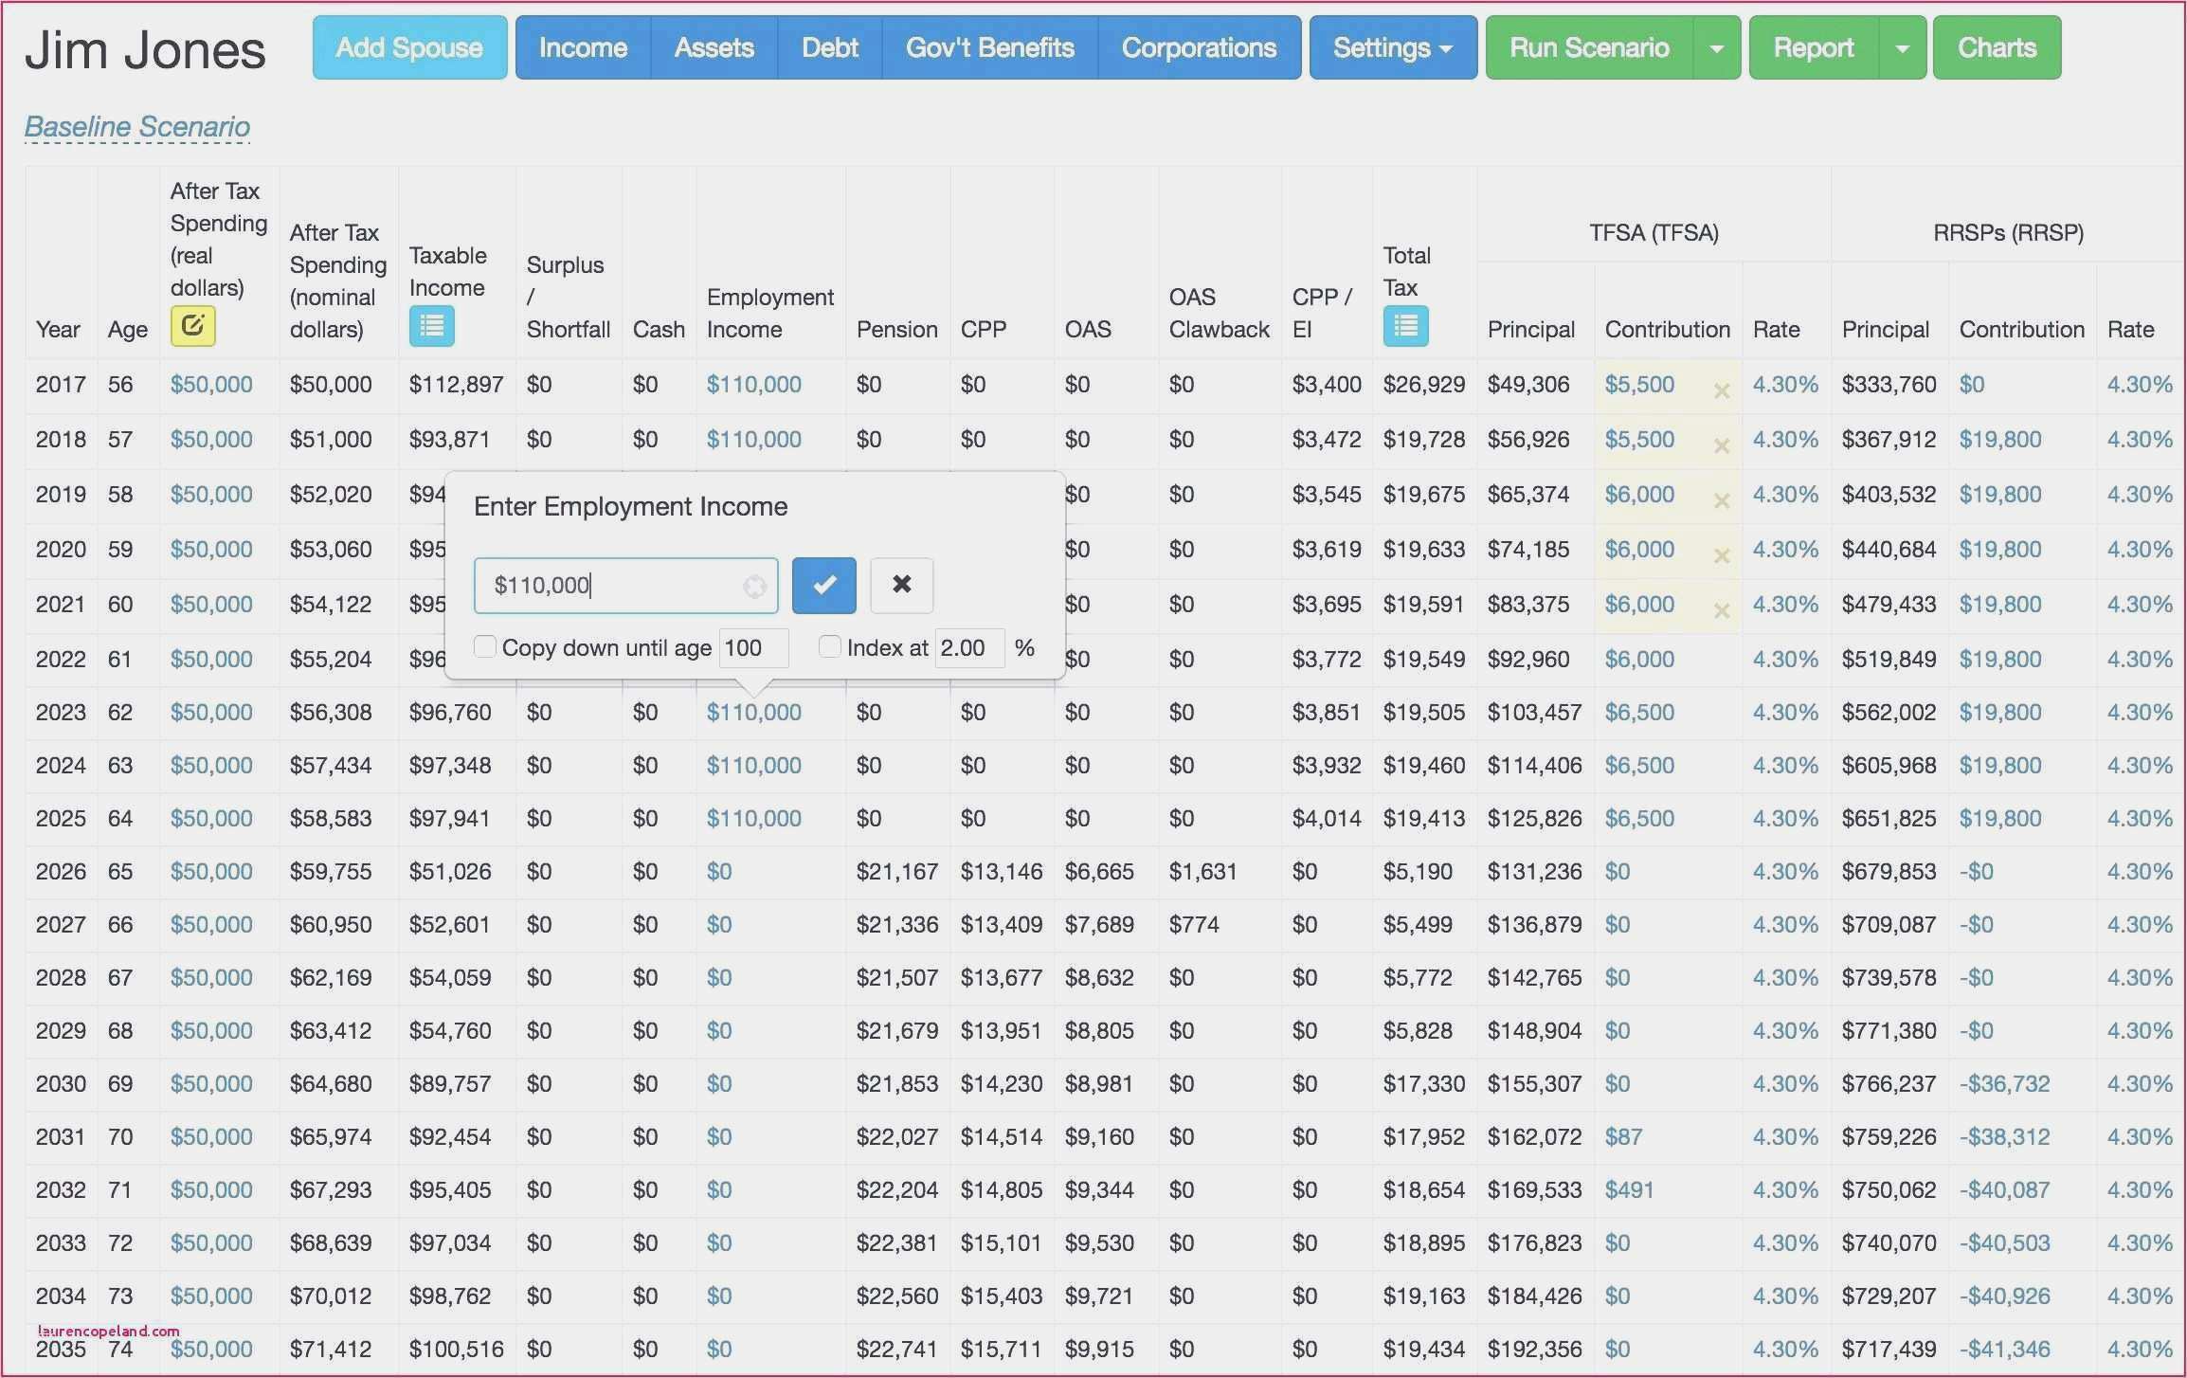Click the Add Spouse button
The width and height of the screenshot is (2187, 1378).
pos(409,47)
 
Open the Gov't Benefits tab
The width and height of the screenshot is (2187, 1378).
pos(989,47)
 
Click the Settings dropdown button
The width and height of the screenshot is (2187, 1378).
pos(1392,47)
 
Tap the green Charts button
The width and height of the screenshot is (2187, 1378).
pos(1997,47)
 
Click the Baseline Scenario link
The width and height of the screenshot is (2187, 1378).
pos(137,126)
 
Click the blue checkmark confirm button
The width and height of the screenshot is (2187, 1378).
pos(823,585)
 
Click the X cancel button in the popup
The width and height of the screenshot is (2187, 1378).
pos(901,585)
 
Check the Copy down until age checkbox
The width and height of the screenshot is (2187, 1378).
pos(485,646)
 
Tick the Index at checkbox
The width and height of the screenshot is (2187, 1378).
pos(829,646)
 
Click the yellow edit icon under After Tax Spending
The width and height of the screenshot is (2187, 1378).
pos(192,326)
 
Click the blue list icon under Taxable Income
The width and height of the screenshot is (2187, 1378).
pos(431,326)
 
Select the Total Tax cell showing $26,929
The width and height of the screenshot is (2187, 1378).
pos(1423,384)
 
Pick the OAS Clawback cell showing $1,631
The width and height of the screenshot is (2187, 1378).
pos(1202,871)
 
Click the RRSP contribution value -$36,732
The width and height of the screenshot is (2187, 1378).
pos(2004,1083)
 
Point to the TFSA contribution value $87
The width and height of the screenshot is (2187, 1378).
pos(1623,1136)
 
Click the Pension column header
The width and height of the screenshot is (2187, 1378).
pos(896,329)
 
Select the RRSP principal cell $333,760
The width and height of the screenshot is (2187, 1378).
pos(1889,384)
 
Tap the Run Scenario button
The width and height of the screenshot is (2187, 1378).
pos(1589,47)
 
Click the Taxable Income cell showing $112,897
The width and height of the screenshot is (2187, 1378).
pos(456,384)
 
